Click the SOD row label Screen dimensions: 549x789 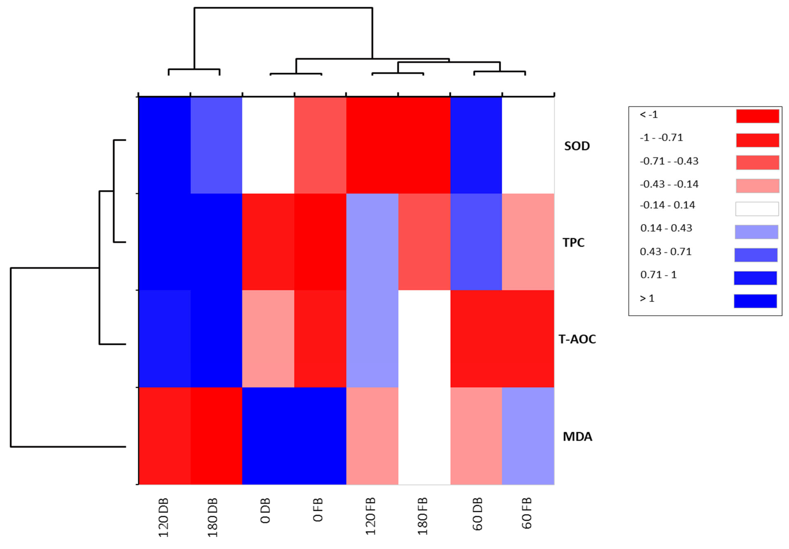[577, 146]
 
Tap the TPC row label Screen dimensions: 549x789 [573, 243]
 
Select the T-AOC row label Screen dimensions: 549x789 [577, 339]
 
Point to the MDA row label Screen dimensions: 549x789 [577, 437]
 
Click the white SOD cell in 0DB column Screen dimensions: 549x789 [268, 145]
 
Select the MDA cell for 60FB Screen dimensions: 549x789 [528, 436]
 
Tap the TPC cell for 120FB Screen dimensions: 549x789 [372, 242]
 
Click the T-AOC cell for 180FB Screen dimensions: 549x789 [424, 339]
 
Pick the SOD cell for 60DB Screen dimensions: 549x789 [476, 145]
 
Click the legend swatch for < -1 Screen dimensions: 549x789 [757, 116]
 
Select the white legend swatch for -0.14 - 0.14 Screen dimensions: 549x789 [757, 209]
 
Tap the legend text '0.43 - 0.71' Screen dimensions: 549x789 [665, 252]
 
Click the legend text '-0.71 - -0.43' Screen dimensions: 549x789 [669, 161]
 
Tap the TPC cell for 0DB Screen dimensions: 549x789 [268, 242]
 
